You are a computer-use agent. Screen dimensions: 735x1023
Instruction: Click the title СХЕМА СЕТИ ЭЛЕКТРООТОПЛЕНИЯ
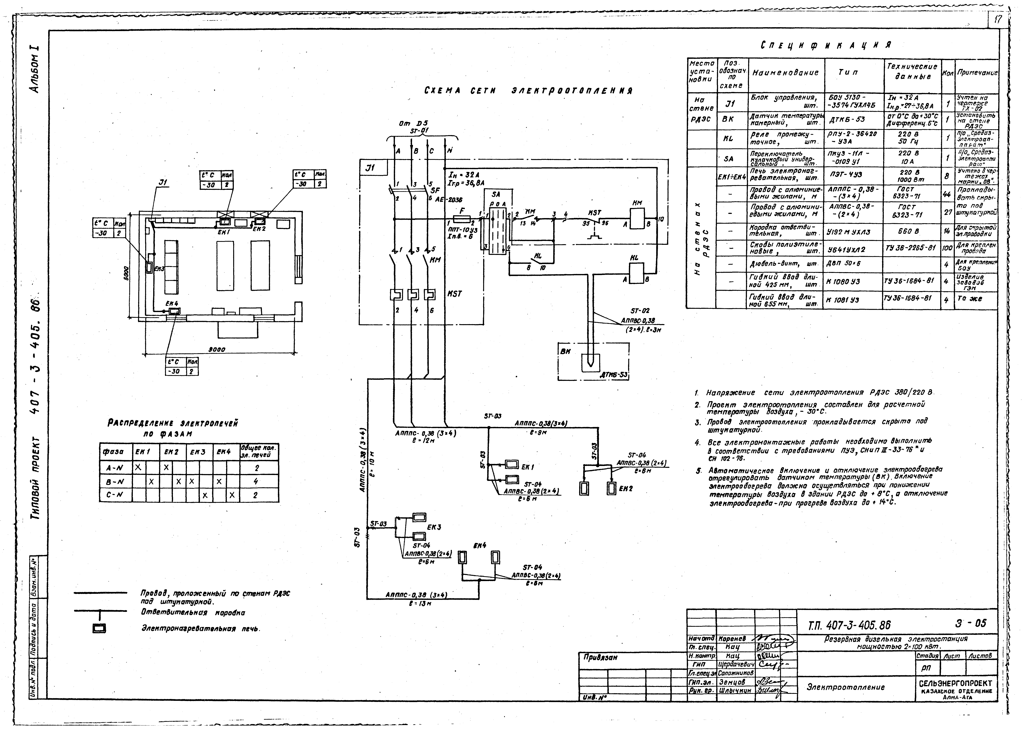point(528,91)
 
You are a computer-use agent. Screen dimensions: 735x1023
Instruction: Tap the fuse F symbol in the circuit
point(461,219)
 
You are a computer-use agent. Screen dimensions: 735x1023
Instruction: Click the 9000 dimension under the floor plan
point(217,349)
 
